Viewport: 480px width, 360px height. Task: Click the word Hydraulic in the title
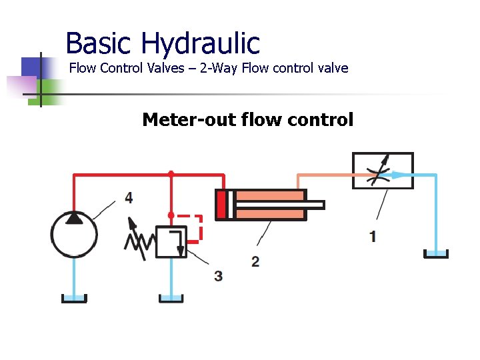(200, 43)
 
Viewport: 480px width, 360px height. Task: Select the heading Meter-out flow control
(247, 120)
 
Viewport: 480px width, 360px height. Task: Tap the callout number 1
(373, 236)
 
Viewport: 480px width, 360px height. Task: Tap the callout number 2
(255, 261)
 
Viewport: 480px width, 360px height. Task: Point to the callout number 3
(219, 275)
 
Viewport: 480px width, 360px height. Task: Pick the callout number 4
(128, 197)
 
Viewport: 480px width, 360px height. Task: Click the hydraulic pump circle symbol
(74, 234)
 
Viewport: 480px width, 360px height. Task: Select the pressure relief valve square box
(171, 241)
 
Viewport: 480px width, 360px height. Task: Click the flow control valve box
(382, 171)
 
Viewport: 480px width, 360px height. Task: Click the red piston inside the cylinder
(221, 205)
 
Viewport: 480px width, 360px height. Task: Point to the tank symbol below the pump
(74, 297)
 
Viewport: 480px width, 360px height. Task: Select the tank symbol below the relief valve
(171, 297)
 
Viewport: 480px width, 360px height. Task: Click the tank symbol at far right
(435, 253)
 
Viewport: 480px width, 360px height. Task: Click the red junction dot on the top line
(171, 174)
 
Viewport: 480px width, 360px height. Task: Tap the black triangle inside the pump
(75, 217)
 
